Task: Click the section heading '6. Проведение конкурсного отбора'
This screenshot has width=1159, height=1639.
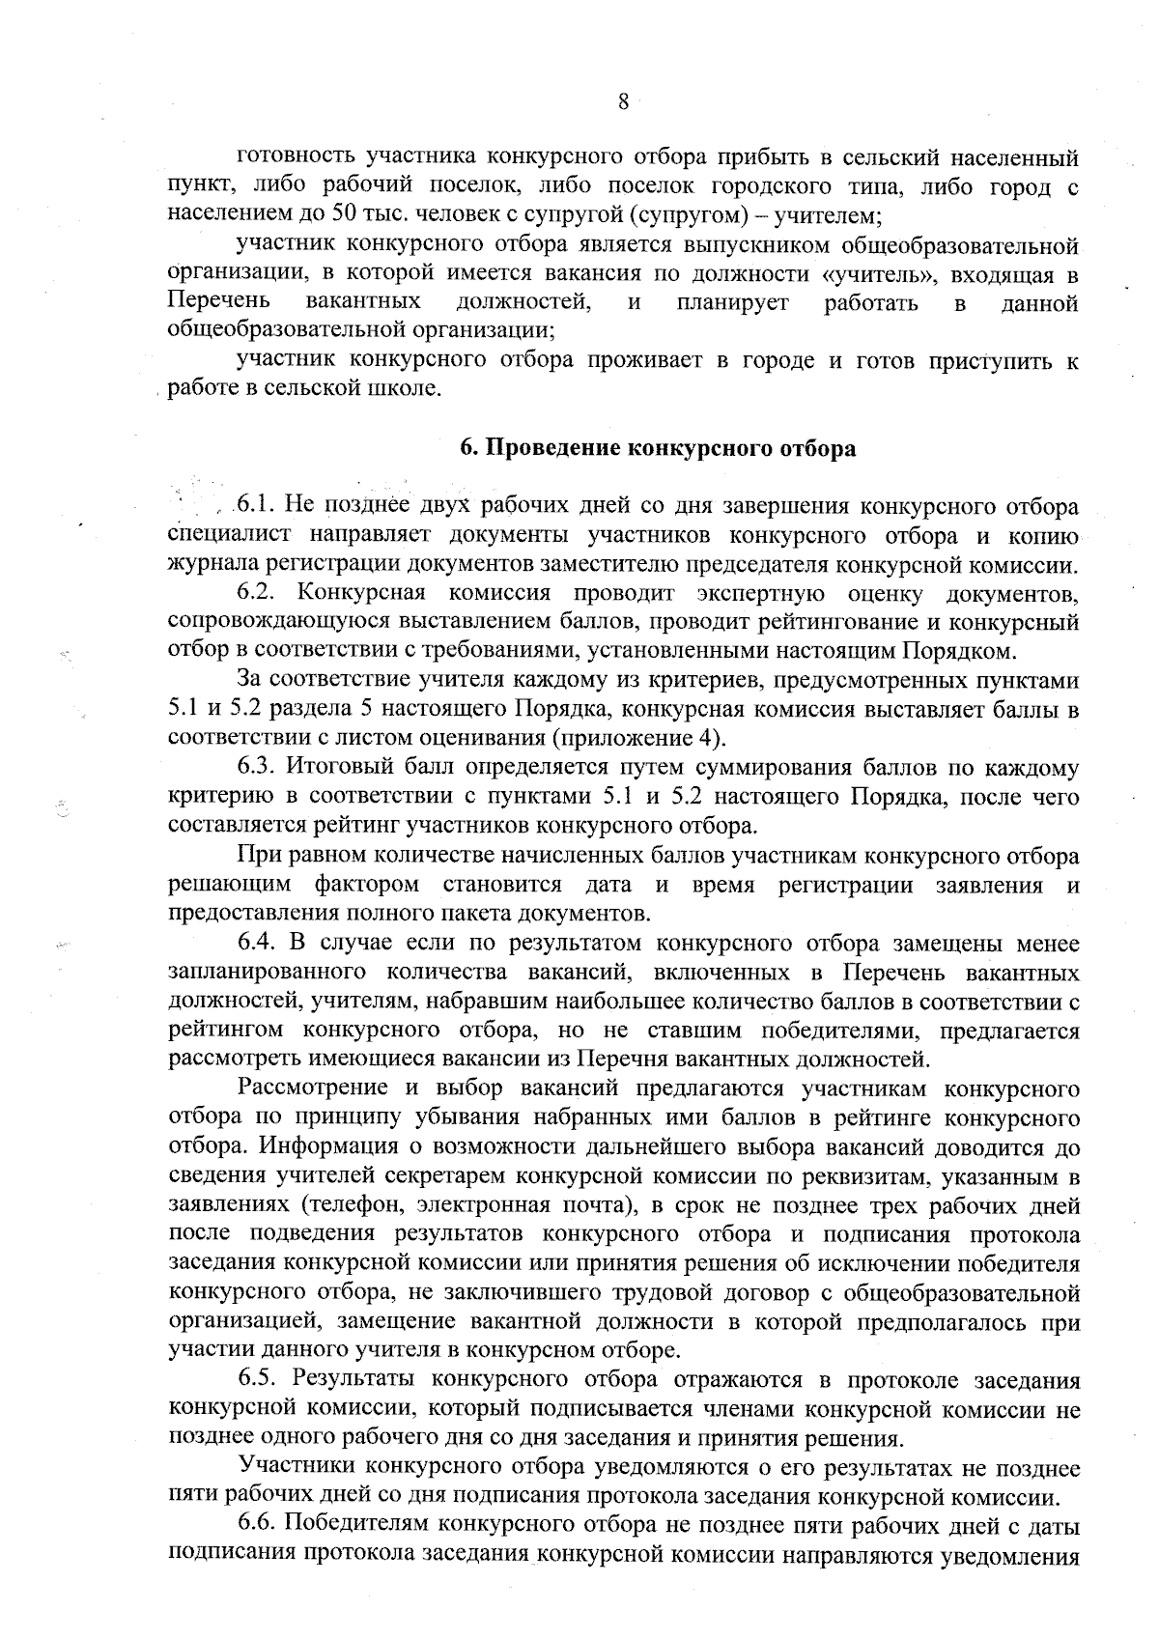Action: pos(657,449)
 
